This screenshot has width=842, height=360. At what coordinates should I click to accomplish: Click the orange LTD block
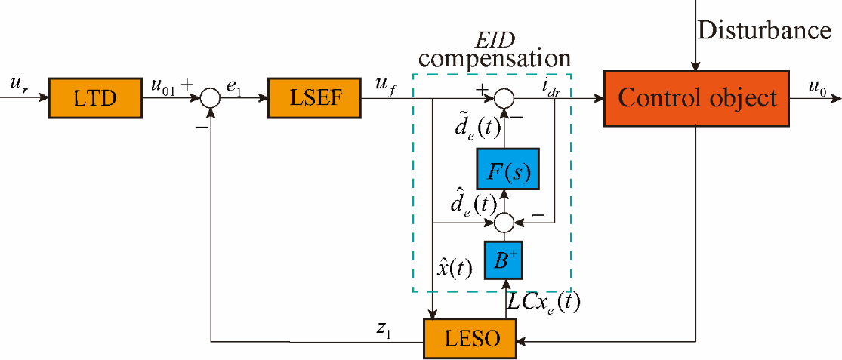pos(97,97)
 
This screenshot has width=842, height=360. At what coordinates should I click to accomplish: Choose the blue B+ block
pos(504,258)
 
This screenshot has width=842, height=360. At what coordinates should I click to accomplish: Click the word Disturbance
pos(764,31)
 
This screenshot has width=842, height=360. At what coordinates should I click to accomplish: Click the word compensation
pos(495,58)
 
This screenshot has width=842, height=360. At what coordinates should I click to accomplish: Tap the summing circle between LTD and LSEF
pos(210,97)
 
